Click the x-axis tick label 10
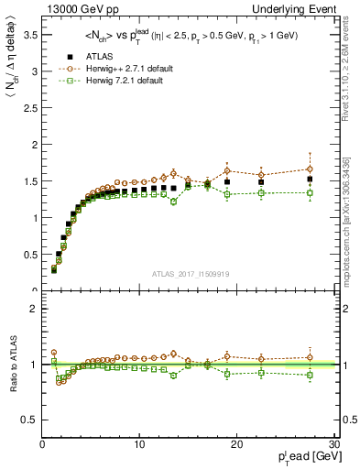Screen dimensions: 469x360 (139, 444)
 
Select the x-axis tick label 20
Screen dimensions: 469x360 (236, 444)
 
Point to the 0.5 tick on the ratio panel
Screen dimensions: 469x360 (30, 420)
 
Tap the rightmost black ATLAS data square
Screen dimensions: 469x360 (310, 179)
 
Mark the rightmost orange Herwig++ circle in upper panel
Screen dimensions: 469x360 (310, 169)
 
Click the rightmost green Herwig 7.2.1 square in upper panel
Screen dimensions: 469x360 (310, 192)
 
